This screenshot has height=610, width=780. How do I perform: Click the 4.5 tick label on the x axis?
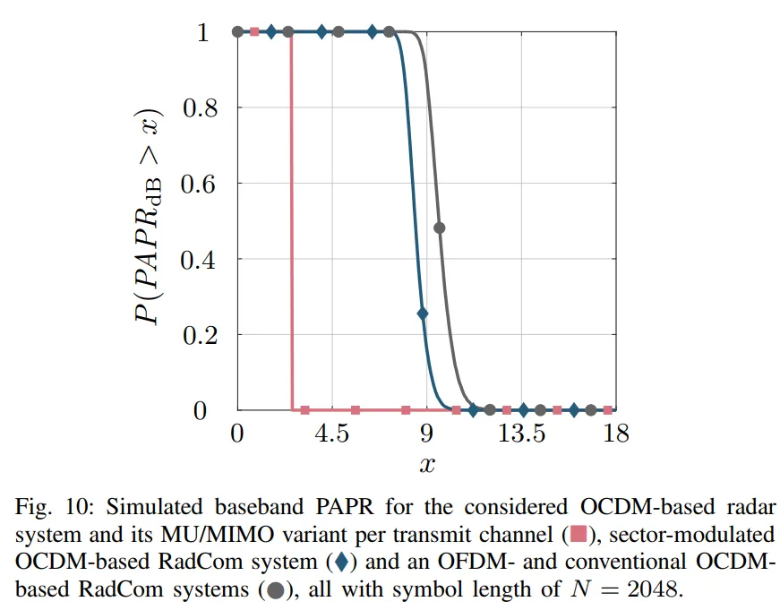click(x=332, y=434)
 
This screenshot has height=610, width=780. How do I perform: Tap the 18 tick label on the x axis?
click(x=615, y=434)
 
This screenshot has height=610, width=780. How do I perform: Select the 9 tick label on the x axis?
click(x=426, y=434)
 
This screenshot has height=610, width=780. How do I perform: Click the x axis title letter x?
click(x=427, y=465)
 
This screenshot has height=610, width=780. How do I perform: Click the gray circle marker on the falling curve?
click(x=439, y=228)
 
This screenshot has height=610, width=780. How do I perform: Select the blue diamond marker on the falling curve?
click(x=423, y=314)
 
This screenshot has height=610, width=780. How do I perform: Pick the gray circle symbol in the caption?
click(x=275, y=590)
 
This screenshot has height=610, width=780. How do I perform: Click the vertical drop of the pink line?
click(x=291, y=224)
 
